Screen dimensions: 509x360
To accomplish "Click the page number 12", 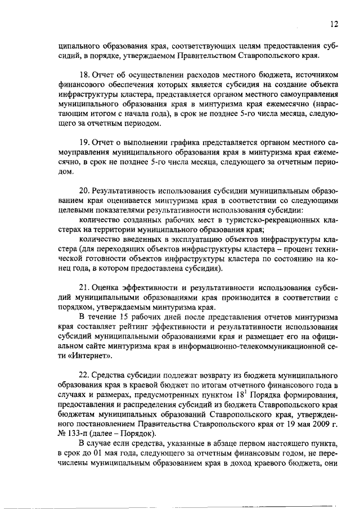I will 334,24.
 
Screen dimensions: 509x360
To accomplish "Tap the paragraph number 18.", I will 85,76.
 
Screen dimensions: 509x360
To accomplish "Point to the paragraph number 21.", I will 85,285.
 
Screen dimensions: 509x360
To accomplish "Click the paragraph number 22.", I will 85,375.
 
